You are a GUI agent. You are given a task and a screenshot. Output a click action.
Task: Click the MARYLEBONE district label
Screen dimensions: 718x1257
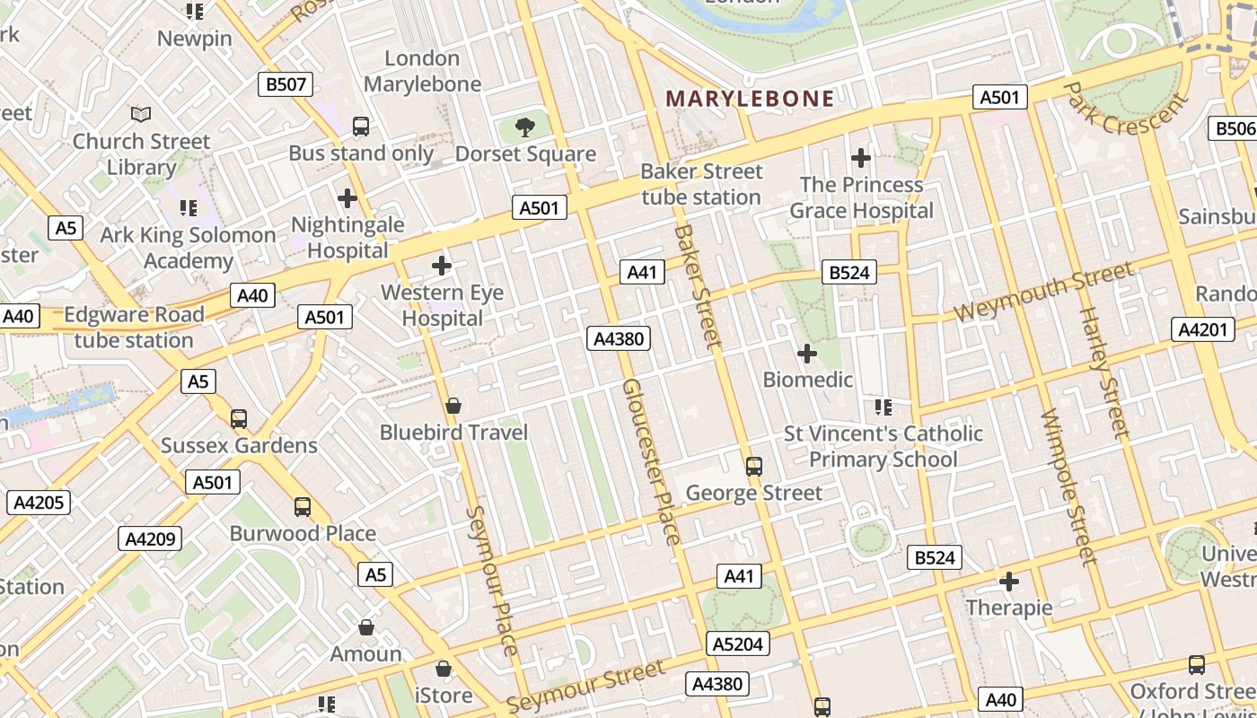(750, 98)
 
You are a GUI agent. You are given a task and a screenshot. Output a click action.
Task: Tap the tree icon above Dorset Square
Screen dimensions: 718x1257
(525, 127)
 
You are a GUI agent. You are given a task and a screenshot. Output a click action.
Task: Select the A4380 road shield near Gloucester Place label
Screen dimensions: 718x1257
(618, 338)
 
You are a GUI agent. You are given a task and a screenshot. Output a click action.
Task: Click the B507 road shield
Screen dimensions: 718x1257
(286, 85)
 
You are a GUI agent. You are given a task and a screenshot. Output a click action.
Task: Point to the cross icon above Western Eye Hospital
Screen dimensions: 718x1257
(442, 266)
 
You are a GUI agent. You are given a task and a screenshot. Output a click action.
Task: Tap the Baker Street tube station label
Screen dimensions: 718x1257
(701, 184)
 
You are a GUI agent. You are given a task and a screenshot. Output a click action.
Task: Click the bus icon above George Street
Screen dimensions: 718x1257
(754, 467)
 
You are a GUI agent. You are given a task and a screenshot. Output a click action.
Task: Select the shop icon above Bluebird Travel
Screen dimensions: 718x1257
(453, 407)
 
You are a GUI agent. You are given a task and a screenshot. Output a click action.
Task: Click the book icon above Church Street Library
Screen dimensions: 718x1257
(141, 114)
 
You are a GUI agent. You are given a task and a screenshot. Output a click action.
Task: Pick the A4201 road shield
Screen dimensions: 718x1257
(1202, 329)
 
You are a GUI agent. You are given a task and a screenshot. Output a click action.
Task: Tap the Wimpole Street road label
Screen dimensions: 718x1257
(1068, 487)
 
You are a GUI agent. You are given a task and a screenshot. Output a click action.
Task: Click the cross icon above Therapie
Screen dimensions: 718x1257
(1009, 582)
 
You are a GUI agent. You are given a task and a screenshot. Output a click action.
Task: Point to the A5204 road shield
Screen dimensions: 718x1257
(738, 644)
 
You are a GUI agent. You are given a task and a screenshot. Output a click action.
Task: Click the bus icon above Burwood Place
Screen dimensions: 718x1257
(303, 507)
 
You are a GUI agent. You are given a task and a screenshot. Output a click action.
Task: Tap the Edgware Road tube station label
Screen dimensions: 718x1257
(134, 328)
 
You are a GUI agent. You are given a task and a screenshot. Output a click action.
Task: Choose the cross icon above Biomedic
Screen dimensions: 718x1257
(807, 354)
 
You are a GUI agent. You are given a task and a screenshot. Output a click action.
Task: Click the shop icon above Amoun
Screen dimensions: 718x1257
(365, 627)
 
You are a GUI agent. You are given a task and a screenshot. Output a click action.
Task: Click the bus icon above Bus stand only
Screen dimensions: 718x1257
(361, 127)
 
